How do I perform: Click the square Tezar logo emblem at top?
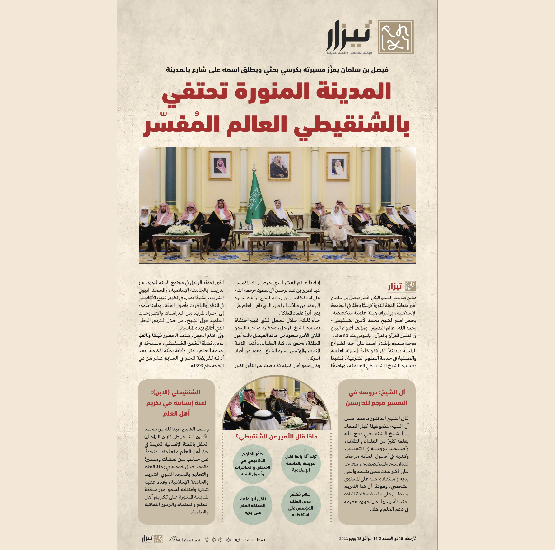click(x=395, y=37)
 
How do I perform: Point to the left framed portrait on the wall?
click(x=220, y=166)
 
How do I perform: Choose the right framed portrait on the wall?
click(x=338, y=167)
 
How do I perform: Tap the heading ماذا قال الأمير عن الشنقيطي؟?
click(x=277, y=436)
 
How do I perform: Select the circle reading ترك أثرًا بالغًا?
click(x=301, y=463)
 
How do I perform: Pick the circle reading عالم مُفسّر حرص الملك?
click(x=300, y=504)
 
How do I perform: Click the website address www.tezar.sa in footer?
click(x=184, y=540)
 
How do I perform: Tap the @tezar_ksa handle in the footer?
click(x=250, y=540)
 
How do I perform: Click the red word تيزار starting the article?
click(x=395, y=286)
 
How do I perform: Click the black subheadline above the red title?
click(x=277, y=69)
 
